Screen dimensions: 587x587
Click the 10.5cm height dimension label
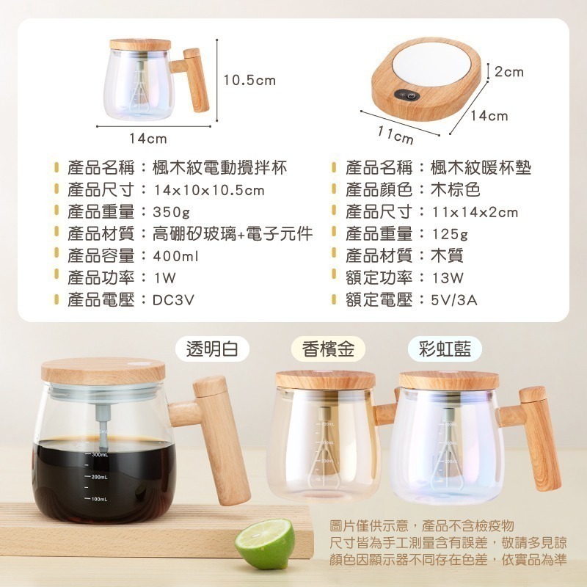(249, 81)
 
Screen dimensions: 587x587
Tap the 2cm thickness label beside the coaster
(509, 72)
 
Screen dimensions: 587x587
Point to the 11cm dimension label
(395, 136)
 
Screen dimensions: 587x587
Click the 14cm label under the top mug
(148, 139)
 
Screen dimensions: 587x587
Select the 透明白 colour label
(212, 349)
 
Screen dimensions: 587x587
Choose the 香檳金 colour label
(328, 349)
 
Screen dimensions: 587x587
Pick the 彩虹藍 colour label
(445, 349)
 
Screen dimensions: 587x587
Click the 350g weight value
(172, 212)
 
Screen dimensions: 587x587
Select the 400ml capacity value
(175, 256)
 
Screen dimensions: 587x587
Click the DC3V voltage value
(173, 300)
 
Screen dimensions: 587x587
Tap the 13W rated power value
(448, 278)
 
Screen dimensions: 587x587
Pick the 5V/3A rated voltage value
(454, 300)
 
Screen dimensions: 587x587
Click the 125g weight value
(450, 234)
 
